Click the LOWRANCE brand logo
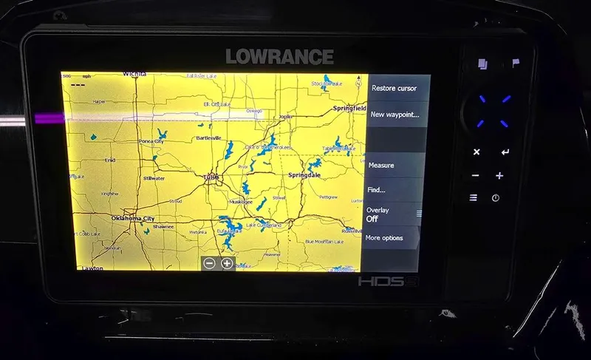click(x=279, y=56)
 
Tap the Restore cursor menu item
click(x=394, y=88)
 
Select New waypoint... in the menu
click(x=394, y=115)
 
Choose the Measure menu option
click(x=381, y=166)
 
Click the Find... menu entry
click(x=376, y=190)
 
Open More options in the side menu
click(x=384, y=238)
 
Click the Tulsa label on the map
click(x=211, y=177)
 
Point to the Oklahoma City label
click(x=133, y=219)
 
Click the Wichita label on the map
click(x=134, y=75)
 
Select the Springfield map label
click(x=349, y=108)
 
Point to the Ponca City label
click(x=151, y=142)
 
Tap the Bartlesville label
click(x=208, y=138)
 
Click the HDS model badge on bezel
click(x=380, y=282)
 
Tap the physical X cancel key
click(x=476, y=152)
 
